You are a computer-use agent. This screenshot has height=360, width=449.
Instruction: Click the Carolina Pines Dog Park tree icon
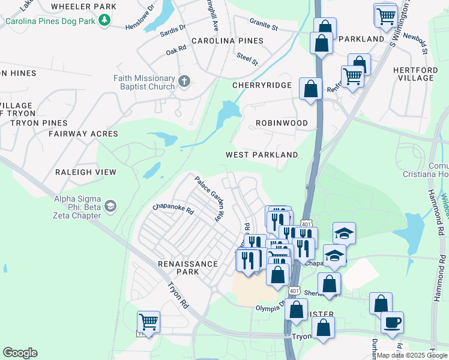pyautogui.click(x=105, y=20)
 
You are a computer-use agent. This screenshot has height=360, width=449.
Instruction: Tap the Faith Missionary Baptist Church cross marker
pyautogui.click(x=184, y=80)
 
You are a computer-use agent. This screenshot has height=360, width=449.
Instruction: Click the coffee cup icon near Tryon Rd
pyautogui.click(x=392, y=322)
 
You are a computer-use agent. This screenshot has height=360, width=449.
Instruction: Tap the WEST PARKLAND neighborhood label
pyautogui.click(x=262, y=155)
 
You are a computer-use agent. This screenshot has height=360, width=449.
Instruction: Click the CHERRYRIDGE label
pyautogui.click(x=262, y=86)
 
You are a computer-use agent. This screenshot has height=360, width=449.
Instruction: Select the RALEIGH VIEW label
pyautogui.click(x=86, y=172)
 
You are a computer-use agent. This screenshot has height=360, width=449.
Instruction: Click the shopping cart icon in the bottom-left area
pyautogui.click(x=148, y=322)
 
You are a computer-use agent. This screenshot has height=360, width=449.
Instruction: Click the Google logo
pyautogui.click(x=20, y=353)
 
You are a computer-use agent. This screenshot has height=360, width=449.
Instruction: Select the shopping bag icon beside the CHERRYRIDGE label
pyautogui.click(x=310, y=89)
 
